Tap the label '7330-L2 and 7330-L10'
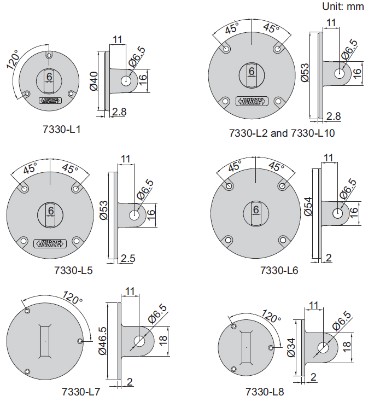[x=282, y=133]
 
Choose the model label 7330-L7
[x=81, y=392]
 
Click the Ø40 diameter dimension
[x=93, y=80]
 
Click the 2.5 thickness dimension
[x=128, y=258]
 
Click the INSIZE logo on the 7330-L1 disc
[x=49, y=101]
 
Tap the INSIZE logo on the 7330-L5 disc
[x=50, y=243]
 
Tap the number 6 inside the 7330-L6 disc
[x=255, y=209]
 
